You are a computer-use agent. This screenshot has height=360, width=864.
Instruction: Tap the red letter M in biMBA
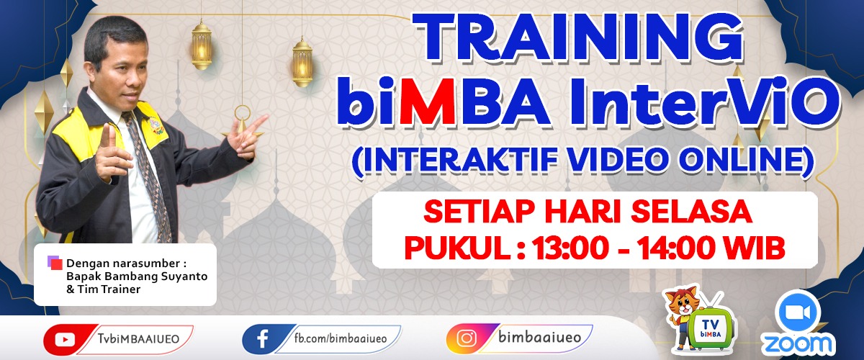tap(427, 101)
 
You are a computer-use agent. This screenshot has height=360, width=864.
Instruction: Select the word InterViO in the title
tap(704, 101)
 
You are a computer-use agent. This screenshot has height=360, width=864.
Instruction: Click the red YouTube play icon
tap(65, 340)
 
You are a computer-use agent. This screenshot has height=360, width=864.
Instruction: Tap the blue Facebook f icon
tap(263, 340)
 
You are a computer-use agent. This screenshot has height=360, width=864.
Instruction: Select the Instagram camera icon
tap(467, 338)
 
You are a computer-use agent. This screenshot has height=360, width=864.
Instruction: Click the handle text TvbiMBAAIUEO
tap(138, 339)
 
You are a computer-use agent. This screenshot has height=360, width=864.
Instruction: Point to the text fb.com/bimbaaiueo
tap(340, 338)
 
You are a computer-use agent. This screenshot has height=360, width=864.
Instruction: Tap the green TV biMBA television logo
tap(711, 329)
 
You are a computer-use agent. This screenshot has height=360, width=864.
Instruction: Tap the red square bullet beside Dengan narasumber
tap(56, 264)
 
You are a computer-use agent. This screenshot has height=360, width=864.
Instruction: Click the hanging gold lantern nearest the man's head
tap(202, 45)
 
